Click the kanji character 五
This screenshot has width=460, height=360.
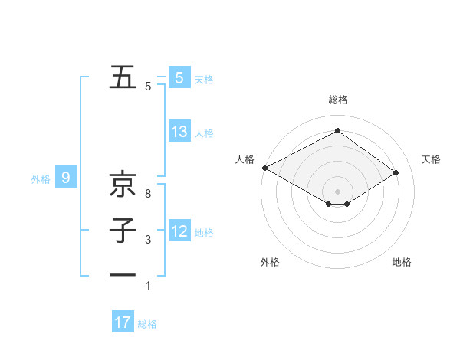click(x=123, y=77)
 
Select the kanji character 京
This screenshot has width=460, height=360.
click(x=123, y=185)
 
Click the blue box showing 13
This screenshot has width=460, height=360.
click(x=179, y=132)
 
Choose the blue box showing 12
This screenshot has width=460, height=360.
click(x=179, y=231)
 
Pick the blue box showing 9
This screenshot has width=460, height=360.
click(x=66, y=178)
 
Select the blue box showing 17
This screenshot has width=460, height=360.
click(x=123, y=322)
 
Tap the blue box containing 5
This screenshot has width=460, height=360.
click(x=179, y=78)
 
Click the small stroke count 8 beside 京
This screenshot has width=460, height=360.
click(x=147, y=195)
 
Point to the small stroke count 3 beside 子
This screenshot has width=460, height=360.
click(x=147, y=241)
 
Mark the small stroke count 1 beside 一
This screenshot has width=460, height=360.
click(x=147, y=286)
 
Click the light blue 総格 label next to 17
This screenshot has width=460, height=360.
click(x=147, y=324)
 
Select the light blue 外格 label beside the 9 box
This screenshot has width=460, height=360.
click(x=41, y=179)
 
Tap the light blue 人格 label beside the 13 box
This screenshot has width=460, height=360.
click(x=204, y=133)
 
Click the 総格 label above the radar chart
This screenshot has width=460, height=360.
click(x=337, y=100)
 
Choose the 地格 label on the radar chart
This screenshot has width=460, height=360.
click(x=402, y=262)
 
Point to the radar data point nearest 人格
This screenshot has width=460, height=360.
click(x=264, y=168)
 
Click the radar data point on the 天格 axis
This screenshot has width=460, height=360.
click(x=396, y=172)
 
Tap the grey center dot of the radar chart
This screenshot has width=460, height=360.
click(x=337, y=191)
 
